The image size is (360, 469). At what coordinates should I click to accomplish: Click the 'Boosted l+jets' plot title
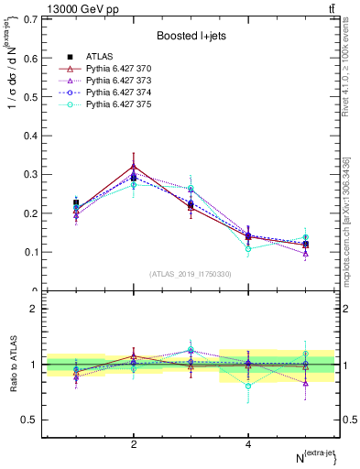tap(191, 35)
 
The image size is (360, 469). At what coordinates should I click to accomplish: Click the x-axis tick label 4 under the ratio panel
tap(248, 444)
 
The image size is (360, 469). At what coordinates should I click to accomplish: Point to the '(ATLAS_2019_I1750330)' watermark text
tap(191, 274)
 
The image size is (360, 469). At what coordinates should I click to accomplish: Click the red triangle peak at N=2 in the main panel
tap(134, 167)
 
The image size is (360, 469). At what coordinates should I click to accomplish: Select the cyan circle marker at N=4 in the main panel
tap(248, 248)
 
